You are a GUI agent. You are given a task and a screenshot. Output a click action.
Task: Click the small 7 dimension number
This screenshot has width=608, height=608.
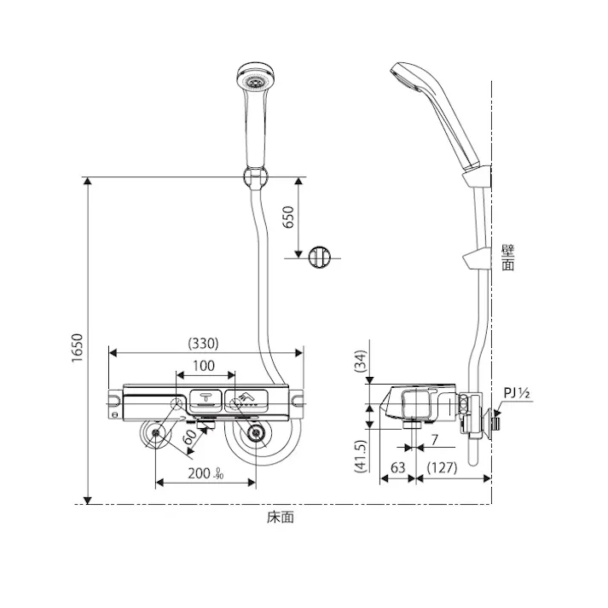(x=433, y=441)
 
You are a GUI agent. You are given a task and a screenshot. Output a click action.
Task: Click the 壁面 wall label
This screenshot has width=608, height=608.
(x=508, y=258)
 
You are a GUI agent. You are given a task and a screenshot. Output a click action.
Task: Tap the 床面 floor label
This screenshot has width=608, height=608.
(x=280, y=517)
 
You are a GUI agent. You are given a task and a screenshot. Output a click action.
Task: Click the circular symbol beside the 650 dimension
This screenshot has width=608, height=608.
(x=318, y=257)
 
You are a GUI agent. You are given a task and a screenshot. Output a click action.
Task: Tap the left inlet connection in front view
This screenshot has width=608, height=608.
(x=158, y=435)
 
